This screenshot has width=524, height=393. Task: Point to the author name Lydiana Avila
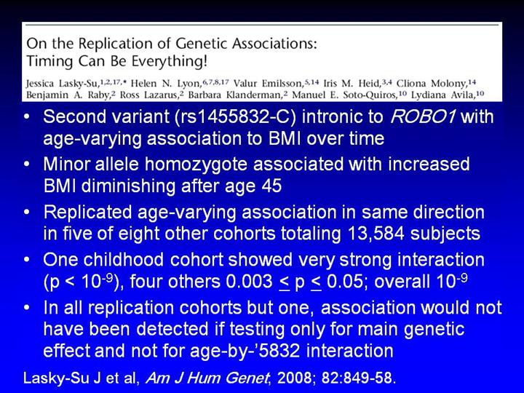[442, 95]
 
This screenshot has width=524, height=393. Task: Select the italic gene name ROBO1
[422, 116]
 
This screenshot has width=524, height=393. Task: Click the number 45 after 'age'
[271, 186]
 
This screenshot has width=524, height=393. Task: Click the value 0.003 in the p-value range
[249, 282]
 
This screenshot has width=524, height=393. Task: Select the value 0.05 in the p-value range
[344, 282]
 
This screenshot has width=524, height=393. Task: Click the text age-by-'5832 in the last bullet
[245, 352]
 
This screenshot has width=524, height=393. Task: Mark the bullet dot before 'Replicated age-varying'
[27, 213]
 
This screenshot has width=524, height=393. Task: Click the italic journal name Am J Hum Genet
[207, 378]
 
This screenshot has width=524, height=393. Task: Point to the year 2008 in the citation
[295, 378]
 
